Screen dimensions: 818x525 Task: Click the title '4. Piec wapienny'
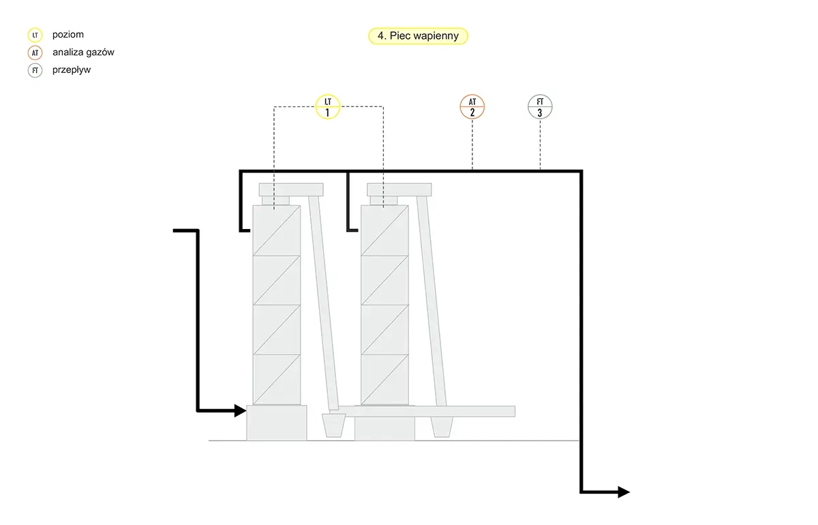tap(418, 36)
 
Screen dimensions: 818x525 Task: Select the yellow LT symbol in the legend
tap(35, 35)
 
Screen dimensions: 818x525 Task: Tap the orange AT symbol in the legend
tap(35, 52)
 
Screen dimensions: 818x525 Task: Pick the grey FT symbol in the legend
tap(35, 70)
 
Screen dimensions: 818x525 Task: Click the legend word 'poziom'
tap(68, 35)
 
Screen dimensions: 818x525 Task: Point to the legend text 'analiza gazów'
tap(83, 52)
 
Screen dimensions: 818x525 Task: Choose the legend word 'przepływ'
tap(71, 70)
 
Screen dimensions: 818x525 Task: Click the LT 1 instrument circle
tap(328, 106)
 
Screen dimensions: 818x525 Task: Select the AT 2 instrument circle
tap(472, 106)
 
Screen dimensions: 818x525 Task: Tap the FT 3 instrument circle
tap(540, 106)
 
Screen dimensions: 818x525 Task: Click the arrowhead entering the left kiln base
tap(240, 410)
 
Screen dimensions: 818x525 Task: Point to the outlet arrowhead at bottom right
tap(624, 492)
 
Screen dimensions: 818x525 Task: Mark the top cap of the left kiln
tap(291, 190)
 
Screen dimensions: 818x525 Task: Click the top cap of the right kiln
tap(399, 190)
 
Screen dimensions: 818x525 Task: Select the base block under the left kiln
tap(277, 423)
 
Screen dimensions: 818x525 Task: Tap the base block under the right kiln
tap(384, 429)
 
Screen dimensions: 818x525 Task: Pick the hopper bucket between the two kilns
tap(333, 425)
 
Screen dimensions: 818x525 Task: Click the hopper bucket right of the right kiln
tap(442, 427)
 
